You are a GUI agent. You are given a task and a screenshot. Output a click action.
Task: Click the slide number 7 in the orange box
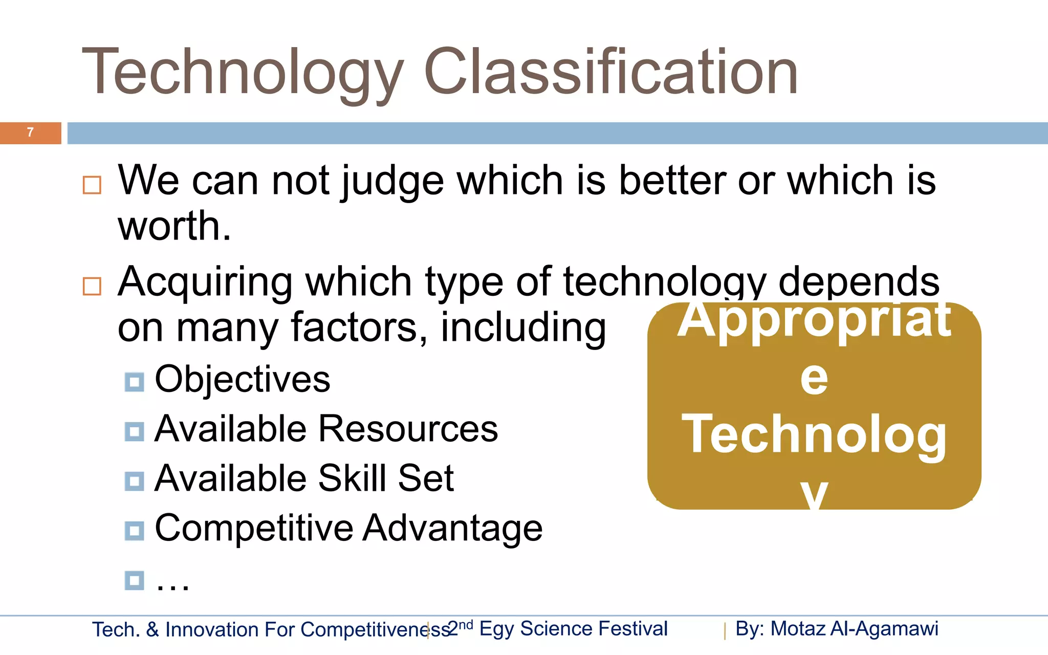[x=30, y=133]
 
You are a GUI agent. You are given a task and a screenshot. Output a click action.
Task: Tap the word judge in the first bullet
[x=392, y=181]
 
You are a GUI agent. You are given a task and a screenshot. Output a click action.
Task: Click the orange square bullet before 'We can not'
[x=92, y=185]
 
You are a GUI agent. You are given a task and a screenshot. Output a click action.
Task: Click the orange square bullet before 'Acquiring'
[x=92, y=286]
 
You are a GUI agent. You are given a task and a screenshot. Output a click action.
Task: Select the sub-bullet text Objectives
[x=243, y=380]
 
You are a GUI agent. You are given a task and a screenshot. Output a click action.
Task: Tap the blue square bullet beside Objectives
[x=134, y=382]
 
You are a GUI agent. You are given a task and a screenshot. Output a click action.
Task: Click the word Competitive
[x=254, y=528]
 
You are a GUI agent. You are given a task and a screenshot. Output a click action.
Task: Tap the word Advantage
[x=453, y=528]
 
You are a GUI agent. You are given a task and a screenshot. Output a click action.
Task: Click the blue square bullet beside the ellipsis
[x=134, y=580]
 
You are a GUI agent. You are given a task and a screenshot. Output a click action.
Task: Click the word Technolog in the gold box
[x=814, y=435]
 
